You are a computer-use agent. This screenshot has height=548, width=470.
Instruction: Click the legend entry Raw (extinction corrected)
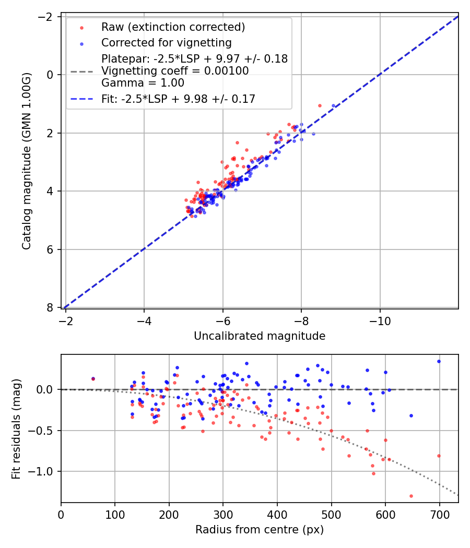[173, 27]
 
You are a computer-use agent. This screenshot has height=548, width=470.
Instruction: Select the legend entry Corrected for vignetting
[166, 42]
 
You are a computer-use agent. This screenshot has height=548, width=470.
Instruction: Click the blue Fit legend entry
[178, 99]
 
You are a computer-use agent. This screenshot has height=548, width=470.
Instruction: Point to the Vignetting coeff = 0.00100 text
[175, 71]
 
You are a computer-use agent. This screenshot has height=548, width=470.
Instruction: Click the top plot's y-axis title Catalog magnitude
[27, 161]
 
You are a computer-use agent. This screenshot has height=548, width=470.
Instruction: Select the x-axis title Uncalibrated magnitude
[260, 336]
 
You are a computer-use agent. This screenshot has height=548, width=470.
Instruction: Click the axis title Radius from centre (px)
[260, 530]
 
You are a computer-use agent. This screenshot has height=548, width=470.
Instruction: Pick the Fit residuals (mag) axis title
[16, 428]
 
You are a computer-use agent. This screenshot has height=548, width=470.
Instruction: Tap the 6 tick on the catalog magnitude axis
[51, 249]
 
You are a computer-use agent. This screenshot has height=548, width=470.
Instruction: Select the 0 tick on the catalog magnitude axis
[51, 75]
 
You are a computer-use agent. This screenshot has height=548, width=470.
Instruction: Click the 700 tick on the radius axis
[439, 514]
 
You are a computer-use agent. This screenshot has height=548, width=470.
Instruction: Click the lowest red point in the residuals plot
[411, 496]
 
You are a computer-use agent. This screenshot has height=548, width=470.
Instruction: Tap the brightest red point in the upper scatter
[320, 105]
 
